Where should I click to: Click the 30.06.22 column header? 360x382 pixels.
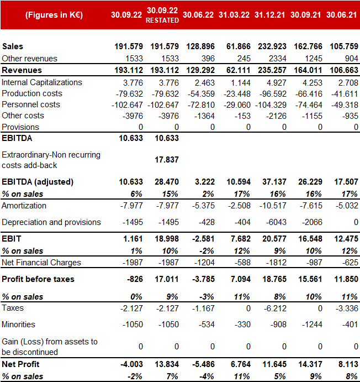[x=198, y=15]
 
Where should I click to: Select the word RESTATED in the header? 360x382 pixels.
[x=162, y=20]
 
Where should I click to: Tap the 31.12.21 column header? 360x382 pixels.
[x=270, y=15]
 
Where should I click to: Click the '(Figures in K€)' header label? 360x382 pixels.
[x=54, y=15]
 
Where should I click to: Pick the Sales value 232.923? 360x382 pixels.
[x=272, y=46]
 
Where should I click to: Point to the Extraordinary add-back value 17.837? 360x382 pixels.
[x=167, y=160]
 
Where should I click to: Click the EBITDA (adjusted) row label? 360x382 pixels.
[x=38, y=182]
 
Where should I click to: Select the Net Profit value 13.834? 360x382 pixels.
[x=167, y=364]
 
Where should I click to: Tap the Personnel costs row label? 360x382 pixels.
[x=31, y=104]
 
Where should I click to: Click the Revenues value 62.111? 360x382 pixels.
[x=239, y=70]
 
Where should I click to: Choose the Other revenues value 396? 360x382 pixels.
[x=208, y=59]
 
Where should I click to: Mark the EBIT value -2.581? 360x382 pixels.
[x=203, y=239]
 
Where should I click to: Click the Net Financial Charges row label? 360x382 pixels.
[x=41, y=263]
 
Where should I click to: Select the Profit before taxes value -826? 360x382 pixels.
[x=135, y=279]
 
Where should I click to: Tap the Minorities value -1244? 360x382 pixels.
[x=312, y=325]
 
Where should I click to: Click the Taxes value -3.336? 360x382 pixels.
[x=347, y=308]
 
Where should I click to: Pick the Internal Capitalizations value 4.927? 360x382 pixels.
[x=277, y=83]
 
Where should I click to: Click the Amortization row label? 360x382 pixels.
[x=24, y=206]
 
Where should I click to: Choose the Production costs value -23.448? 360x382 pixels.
[x=237, y=94]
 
